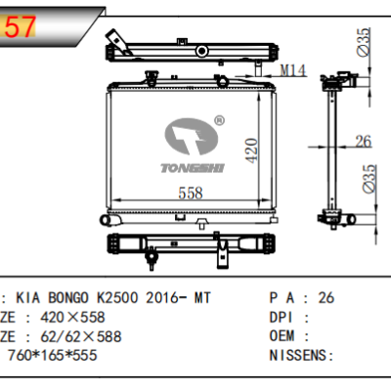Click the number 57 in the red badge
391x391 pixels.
coord(22,28)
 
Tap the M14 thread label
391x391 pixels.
coord(293,70)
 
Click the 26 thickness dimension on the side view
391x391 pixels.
coord(363,143)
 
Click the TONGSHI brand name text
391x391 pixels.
coord(193,167)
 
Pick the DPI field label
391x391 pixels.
coord(282,317)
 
